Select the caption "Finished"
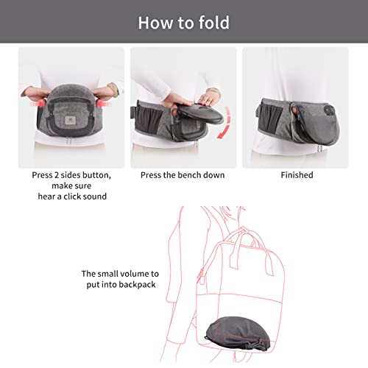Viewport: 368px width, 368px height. (x=297, y=175)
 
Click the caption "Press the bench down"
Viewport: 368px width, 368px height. (x=183, y=175)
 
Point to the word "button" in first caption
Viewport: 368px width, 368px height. (x=96, y=175)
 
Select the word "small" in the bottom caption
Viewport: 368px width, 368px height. (x=108, y=273)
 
